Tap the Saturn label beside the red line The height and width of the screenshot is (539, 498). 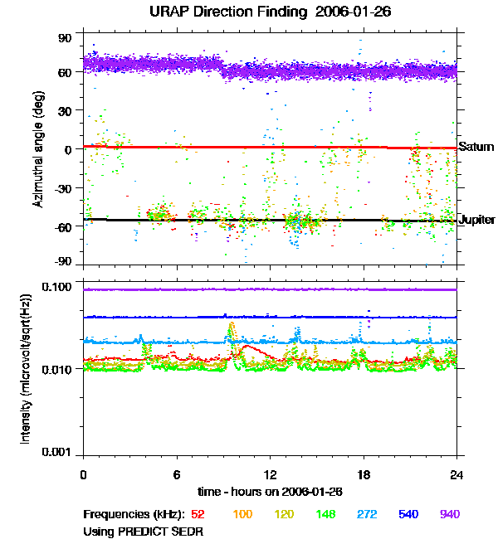pyautogui.click(x=473, y=147)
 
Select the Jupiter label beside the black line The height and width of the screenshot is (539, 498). pyautogui.click(x=476, y=220)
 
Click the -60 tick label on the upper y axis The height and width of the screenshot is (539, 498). pyautogui.click(x=63, y=226)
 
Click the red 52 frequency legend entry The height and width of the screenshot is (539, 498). pyautogui.click(x=198, y=514)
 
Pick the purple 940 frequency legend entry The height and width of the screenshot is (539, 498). pyautogui.click(x=449, y=514)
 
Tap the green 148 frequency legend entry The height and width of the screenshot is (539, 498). pyautogui.click(x=325, y=514)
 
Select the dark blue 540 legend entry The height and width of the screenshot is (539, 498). pyautogui.click(x=408, y=514)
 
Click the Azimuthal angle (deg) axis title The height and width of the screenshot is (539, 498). pyautogui.click(x=38, y=150)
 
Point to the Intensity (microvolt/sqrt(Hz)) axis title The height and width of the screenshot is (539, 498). pyautogui.click(x=26, y=371)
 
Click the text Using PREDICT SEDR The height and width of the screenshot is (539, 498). pyautogui.click(x=143, y=531)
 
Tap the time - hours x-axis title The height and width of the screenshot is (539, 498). pyautogui.click(x=270, y=491)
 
